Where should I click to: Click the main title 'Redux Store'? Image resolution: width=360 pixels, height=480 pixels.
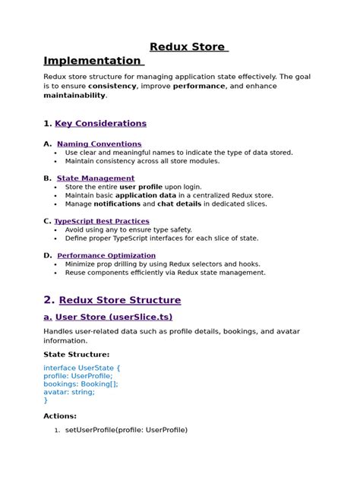[x=188, y=47]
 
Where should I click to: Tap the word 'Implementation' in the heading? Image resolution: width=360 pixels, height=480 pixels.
[x=92, y=61]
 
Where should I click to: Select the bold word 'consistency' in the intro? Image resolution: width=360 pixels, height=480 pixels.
[x=112, y=87]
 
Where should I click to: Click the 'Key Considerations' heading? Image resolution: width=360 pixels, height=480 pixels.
[x=100, y=123]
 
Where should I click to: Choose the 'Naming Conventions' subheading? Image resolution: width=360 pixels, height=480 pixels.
[x=99, y=144]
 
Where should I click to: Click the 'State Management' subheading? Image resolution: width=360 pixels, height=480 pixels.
[x=96, y=178]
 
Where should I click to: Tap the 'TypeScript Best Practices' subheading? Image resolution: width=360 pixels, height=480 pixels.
[x=101, y=221]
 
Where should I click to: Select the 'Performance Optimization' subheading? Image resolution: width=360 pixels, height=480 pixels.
[x=106, y=255]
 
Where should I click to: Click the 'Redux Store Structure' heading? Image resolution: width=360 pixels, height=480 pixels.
[x=119, y=300]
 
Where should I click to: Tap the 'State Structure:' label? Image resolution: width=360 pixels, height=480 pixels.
[x=77, y=354]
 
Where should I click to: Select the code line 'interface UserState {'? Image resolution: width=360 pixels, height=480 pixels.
[x=82, y=368]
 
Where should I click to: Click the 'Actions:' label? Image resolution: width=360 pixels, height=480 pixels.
[x=60, y=416]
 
